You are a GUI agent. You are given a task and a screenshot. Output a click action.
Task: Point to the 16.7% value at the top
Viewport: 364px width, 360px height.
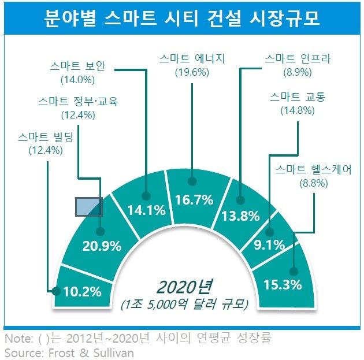(x=195, y=200)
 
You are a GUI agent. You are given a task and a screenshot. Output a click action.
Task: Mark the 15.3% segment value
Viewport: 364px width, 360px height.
(x=283, y=285)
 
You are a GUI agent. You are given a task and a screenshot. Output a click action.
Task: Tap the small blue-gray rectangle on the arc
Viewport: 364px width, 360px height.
(x=89, y=206)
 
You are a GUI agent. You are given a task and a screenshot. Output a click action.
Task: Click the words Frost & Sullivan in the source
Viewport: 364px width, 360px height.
(x=90, y=351)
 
